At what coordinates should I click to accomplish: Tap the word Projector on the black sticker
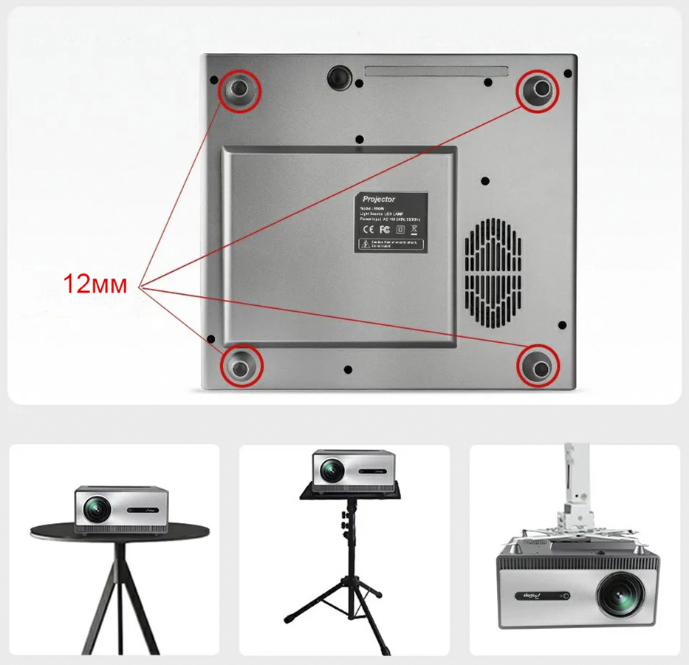379,199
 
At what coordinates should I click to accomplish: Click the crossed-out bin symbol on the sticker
414,228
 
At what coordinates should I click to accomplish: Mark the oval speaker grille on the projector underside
493,274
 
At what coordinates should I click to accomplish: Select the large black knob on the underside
339,76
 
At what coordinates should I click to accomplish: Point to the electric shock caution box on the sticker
391,245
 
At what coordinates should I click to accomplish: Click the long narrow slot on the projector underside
436,72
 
